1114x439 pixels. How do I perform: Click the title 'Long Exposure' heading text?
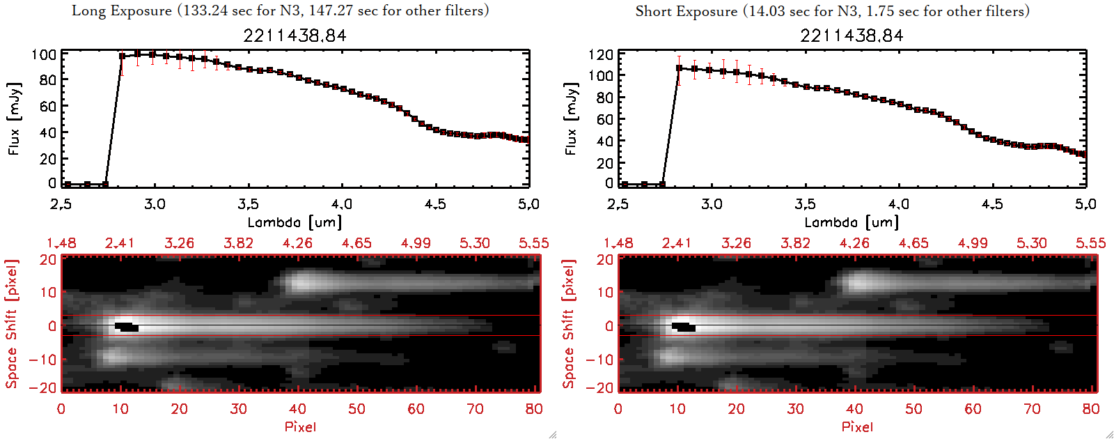click(x=122, y=10)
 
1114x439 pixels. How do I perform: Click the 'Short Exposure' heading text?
click(x=686, y=11)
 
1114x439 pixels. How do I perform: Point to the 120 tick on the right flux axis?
click(x=601, y=54)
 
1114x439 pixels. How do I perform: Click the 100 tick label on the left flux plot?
click(x=44, y=54)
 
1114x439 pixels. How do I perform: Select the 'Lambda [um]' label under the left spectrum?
click(x=295, y=222)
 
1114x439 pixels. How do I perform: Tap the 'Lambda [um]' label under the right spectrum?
click(x=852, y=222)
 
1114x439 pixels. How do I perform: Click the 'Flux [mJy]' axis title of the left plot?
click(x=15, y=118)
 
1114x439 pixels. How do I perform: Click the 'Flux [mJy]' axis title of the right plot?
click(x=572, y=118)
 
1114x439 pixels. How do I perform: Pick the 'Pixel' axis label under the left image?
click(x=300, y=426)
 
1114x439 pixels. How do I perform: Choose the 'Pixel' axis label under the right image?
click(x=857, y=426)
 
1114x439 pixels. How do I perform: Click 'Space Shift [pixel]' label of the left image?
click(x=12, y=324)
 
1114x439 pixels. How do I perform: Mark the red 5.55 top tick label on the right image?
click(x=1090, y=243)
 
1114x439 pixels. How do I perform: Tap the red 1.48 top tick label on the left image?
click(x=61, y=243)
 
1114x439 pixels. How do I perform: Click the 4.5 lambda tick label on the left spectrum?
click(x=435, y=204)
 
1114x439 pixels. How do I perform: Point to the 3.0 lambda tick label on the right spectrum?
click(x=712, y=204)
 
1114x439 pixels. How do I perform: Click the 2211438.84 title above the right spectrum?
click(x=852, y=36)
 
